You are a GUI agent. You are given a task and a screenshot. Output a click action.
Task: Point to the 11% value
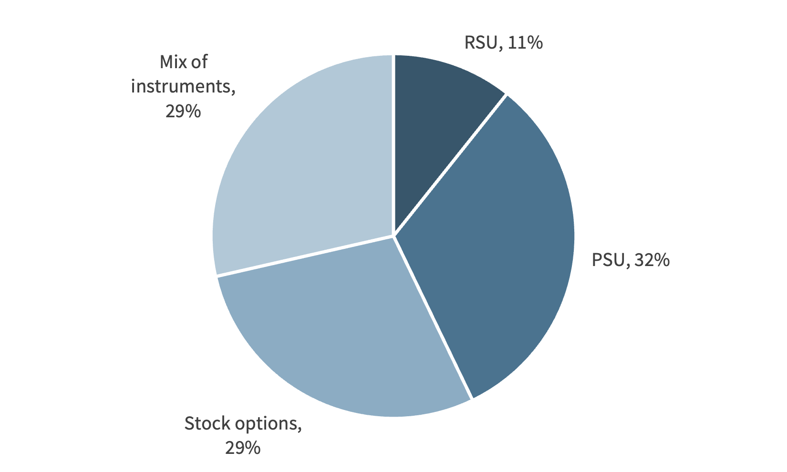point(525,43)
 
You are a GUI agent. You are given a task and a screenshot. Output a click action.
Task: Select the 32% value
point(652,260)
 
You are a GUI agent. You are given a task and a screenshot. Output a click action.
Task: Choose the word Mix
point(172,62)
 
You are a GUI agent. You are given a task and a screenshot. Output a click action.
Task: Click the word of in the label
point(199,62)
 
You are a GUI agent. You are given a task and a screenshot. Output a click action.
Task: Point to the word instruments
point(183,87)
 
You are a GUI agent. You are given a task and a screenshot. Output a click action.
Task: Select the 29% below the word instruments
point(183,112)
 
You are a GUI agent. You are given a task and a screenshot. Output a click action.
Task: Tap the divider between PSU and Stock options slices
point(433,317)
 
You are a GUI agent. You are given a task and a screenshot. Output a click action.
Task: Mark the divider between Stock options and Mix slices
point(305,256)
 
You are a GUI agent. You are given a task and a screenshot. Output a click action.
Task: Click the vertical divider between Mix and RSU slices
point(394,143)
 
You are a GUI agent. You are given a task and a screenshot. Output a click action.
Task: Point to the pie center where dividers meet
point(394,236)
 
